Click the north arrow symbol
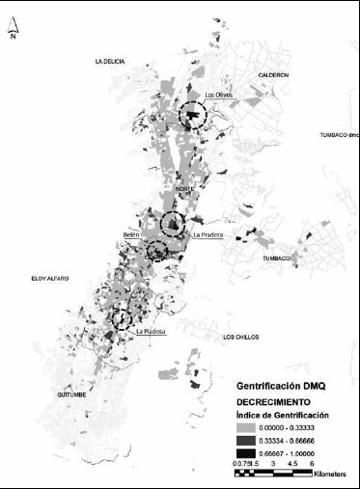tap(13, 32)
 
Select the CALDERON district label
tap(273, 74)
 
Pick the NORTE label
tap(183, 189)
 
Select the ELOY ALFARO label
tap(50, 279)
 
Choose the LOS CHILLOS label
tap(240, 337)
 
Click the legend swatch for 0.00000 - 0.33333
tap(250, 427)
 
